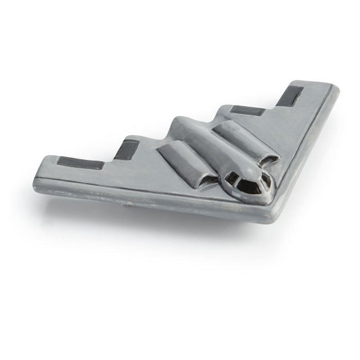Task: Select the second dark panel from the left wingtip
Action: tap(123, 150)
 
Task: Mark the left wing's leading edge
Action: tap(154, 193)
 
